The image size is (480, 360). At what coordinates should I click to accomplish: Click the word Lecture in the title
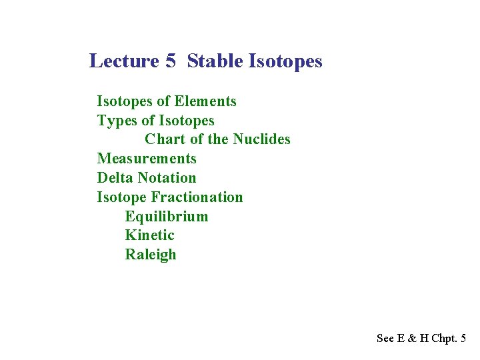[x=124, y=61]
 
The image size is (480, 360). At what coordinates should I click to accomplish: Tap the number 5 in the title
[x=171, y=61]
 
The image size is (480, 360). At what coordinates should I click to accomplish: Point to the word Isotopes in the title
[x=285, y=61]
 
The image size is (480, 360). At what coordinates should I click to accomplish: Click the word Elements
[x=205, y=101]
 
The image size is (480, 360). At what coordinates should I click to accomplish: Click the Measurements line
[x=147, y=159]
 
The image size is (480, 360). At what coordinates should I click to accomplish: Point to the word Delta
[x=115, y=178]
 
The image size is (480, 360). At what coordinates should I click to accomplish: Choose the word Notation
[x=167, y=178]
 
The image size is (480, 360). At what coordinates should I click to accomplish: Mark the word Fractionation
[x=197, y=197]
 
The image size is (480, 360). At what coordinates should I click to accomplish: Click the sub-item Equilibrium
[x=167, y=217]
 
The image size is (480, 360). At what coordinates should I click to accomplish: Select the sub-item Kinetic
[x=149, y=235]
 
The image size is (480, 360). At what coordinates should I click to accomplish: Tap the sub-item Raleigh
[x=151, y=255]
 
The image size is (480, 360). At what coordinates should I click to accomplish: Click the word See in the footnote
[x=385, y=339]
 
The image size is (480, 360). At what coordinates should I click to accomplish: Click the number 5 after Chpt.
[x=463, y=339]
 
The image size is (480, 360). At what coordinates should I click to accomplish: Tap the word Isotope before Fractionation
[x=122, y=197]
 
